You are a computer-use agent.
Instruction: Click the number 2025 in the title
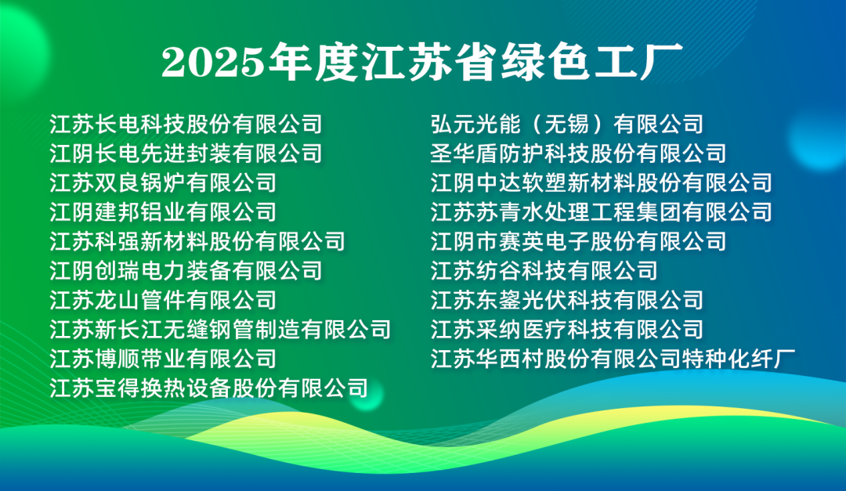coord(213,62)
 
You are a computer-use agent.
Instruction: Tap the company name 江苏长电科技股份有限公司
coord(186,124)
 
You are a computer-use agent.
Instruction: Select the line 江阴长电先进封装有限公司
coord(186,153)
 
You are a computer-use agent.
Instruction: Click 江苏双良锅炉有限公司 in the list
coord(163,183)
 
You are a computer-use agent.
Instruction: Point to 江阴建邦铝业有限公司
coord(163,212)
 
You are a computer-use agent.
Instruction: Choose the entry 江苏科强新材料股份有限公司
coord(197,241)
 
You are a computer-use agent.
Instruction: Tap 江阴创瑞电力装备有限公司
coord(186,271)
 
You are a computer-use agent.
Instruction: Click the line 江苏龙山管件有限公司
coord(163,300)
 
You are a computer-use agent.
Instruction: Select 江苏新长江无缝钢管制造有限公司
coord(220,329)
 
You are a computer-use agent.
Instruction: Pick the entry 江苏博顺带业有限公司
coord(163,359)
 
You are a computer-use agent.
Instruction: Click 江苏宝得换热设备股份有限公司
coord(209,388)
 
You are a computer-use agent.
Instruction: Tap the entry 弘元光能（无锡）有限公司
coord(567,124)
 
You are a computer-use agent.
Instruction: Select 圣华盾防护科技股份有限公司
coord(578,153)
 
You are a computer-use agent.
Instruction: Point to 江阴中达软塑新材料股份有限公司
coord(601,183)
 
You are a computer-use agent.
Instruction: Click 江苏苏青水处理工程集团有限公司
coord(601,212)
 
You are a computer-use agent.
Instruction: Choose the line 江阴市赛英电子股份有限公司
coord(578,241)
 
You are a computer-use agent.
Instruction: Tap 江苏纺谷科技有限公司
coord(544,271)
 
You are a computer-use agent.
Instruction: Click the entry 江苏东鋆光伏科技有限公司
coord(567,300)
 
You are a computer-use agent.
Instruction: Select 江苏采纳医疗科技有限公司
coord(567,329)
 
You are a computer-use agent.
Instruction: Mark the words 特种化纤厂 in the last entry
coord(739,359)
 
